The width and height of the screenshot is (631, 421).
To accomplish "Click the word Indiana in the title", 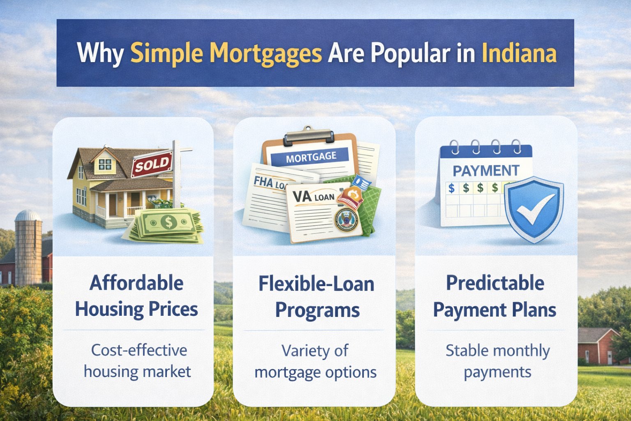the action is [519, 53].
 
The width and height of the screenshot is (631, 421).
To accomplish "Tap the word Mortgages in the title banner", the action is [266, 53].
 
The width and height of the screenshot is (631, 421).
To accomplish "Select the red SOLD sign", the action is [152, 164].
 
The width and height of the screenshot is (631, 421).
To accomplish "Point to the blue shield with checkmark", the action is [534, 209].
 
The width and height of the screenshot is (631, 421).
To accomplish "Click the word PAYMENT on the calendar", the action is [486, 171].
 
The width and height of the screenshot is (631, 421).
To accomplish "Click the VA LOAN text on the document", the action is [313, 197].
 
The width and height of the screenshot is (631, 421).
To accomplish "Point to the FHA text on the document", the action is [263, 182].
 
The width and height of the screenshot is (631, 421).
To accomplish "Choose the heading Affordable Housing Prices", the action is [137, 296].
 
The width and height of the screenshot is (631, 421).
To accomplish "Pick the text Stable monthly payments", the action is [497, 361].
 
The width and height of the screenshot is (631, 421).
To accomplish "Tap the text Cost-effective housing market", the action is [138, 361].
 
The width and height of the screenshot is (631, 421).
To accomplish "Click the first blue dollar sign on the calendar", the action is [451, 188].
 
